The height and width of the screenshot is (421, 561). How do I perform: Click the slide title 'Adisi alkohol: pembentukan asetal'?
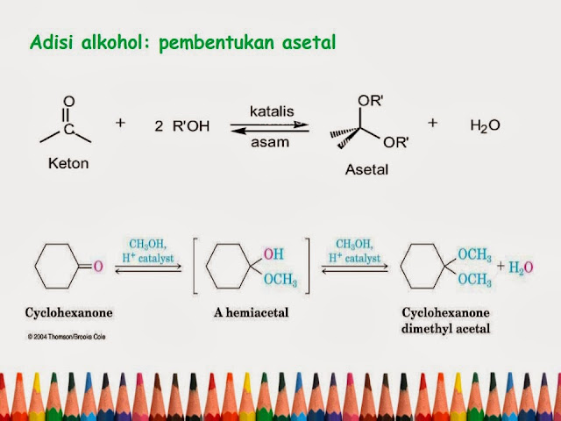[182, 42]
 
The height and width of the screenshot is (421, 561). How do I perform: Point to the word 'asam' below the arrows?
[270, 140]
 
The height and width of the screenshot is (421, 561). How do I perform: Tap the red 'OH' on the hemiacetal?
[273, 253]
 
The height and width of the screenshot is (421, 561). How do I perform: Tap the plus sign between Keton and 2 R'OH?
[121, 124]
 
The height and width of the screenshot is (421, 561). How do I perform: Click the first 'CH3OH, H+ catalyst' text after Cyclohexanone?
[149, 252]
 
